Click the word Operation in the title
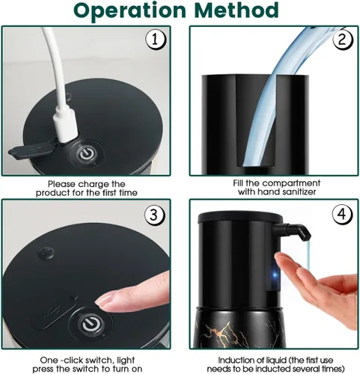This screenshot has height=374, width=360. [130, 11]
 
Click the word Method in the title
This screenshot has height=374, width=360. [237, 10]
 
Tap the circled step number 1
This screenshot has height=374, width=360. [156, 40]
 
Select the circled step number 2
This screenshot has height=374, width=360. [343, 40]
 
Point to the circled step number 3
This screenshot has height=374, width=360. [154, 215]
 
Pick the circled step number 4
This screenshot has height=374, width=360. [342, 214]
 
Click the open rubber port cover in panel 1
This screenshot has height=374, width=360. [31, 151]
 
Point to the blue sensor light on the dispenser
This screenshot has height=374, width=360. [275, 275]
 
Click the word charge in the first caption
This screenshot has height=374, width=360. [94, 185]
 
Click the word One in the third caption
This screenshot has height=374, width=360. [49, 360]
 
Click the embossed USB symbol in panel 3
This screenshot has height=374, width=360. [53, 311]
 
